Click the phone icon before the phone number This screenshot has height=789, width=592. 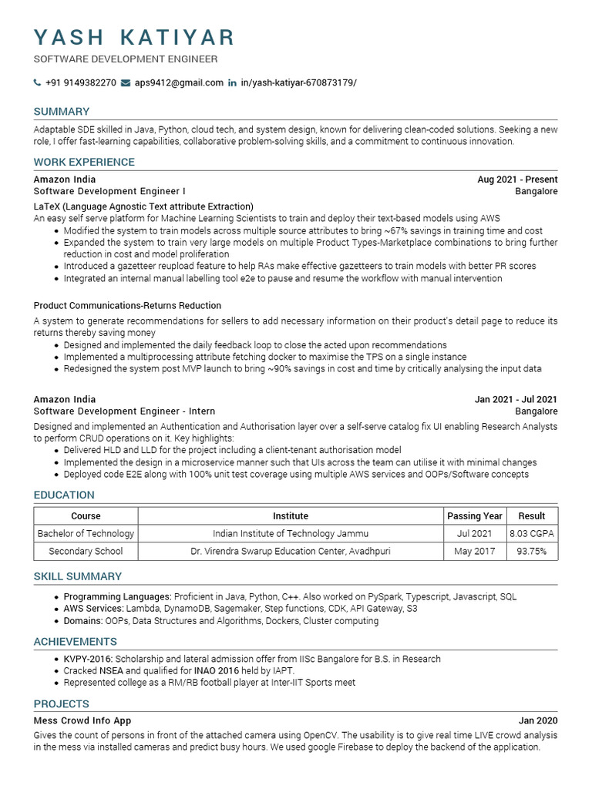pos(37,83)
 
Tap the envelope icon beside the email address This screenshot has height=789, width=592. pos(126,83)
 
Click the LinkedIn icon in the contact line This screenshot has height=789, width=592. pos(232,83)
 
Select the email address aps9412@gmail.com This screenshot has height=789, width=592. pos(179,83)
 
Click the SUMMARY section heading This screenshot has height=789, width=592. pos(62,111)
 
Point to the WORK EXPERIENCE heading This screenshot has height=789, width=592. pos(84,162)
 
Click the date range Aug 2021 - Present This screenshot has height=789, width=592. pos(517,180)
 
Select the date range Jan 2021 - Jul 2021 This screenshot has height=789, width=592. pos(516,400)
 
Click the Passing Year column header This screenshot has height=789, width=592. pos(475,516)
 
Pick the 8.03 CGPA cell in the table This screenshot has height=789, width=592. pos(532,533)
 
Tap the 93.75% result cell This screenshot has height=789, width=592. pos(532,552)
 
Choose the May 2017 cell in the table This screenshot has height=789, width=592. pos(475,552)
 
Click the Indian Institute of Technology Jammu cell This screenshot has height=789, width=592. pos(291,533)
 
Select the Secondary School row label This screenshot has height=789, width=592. pos(86,552)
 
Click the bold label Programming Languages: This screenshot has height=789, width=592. pos(117,596)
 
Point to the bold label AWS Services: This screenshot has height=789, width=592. pos(93,609)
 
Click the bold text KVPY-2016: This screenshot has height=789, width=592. pos(89,659)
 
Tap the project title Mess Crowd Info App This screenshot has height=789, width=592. pos(82,720)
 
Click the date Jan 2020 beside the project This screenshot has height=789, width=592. pos(538,720)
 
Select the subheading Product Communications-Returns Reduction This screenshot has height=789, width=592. pos(127,306)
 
